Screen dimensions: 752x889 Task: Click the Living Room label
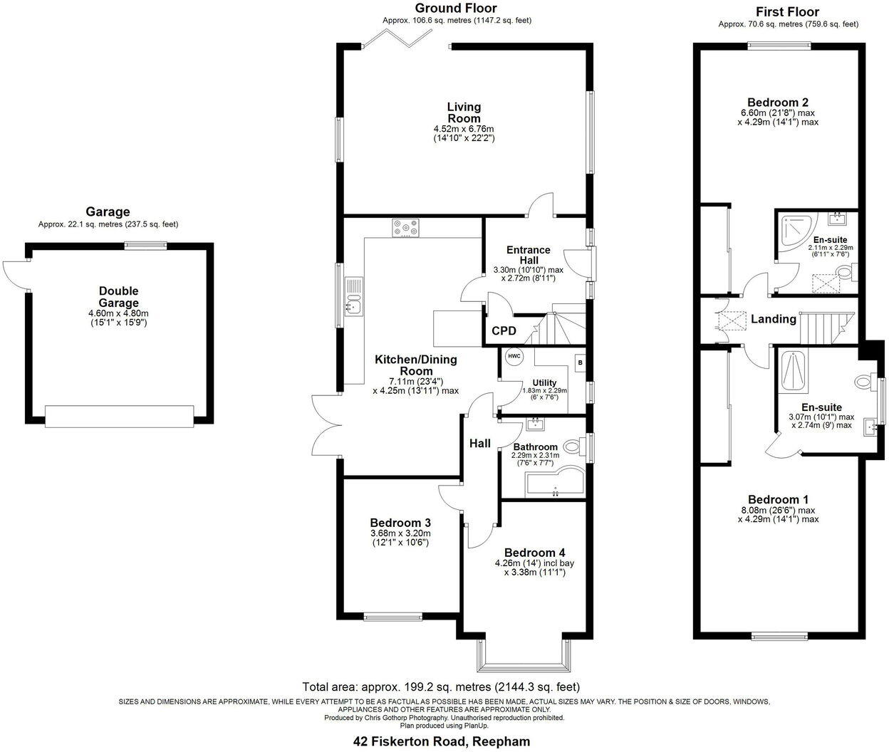coord(464,113)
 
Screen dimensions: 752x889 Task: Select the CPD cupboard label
coord(504,332)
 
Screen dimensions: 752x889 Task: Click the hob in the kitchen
coord(405,228)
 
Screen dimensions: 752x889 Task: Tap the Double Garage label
coord(118,297)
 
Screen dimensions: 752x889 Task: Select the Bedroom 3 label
coord(400,522)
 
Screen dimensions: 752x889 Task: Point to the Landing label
coord(773,319)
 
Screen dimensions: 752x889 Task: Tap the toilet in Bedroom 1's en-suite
coord(864,382)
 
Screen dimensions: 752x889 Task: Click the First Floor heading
coord(787,12)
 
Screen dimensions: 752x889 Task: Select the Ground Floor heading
coord(456,9)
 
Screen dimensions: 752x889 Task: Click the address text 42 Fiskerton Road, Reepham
coord(442,741)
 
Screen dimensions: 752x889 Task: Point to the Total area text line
coord(441,687)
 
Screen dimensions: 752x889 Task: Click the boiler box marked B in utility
coord(579,362)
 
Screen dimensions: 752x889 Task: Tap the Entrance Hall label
coord(528,255)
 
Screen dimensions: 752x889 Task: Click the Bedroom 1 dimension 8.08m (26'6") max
coord(778,510)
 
